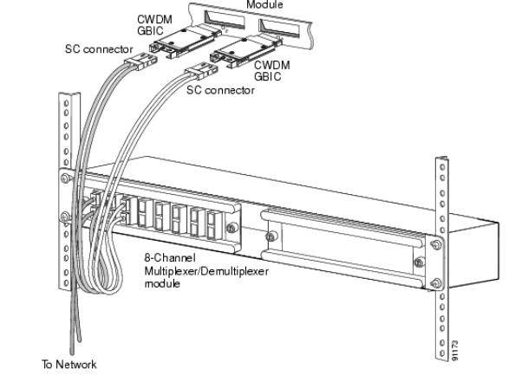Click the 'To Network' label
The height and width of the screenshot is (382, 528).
point(69,364)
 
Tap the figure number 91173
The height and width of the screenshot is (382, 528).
point(455,350)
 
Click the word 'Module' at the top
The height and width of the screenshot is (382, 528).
point(264,4)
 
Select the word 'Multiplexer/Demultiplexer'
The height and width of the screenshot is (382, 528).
point(206,271)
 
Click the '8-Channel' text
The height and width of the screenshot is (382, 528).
point(170,258)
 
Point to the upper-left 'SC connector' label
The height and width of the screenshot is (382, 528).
point(99,49)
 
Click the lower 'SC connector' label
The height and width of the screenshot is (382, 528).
point(220,90)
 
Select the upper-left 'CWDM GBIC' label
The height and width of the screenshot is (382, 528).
point(154,24)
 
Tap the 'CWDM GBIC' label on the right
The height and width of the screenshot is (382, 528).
point(271,71)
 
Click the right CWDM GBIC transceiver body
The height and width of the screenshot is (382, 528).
point(245,51)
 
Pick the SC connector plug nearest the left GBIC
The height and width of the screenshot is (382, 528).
point(140,62)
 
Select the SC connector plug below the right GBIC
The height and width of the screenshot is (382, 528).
point(201,72)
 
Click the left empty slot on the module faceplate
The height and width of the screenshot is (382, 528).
point(225,20)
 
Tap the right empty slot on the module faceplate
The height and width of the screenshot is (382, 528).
point(279,28)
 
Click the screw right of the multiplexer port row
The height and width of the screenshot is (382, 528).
point(231,228)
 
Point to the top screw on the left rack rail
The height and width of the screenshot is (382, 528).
point(66,178)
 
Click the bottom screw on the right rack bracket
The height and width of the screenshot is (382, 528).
point(436,283)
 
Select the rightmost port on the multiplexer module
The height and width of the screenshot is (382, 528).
point(212,225)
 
